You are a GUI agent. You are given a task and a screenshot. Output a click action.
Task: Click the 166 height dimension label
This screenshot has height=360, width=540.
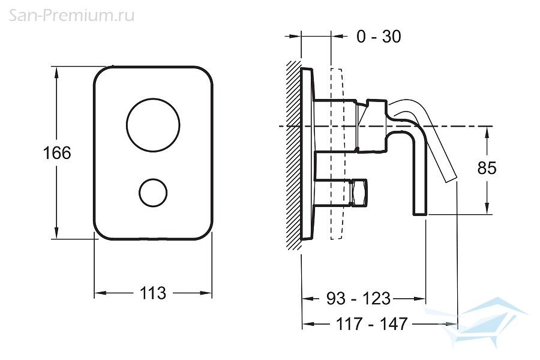tap(57, 152)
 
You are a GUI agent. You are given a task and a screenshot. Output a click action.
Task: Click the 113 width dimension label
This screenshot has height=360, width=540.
tap(153, 293)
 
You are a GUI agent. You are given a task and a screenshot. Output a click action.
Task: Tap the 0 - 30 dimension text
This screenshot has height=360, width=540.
tap(379, 37)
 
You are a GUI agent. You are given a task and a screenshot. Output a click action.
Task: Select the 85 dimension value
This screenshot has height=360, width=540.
tap(487, 168)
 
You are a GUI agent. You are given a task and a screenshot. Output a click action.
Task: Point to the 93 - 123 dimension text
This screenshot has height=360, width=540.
tap(359, 298)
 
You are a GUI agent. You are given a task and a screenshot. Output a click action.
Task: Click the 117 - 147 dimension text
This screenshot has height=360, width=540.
tap(371, 324)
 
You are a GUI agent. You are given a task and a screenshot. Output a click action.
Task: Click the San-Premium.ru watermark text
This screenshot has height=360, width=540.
tap(71, 16)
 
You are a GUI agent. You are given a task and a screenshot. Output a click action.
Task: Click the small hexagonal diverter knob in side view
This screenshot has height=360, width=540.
tap(359, 193)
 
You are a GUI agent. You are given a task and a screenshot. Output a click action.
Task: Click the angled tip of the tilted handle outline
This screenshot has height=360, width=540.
tap(451, 179)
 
